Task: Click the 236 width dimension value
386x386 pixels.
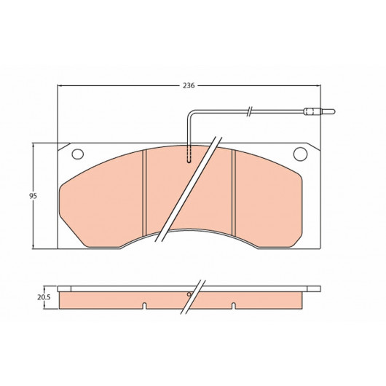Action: [189, 85]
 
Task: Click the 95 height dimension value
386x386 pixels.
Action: [33, 196]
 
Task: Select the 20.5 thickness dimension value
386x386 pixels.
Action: [44, 297]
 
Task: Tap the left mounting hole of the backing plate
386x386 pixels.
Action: [77, 154]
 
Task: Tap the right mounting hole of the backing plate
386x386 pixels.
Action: [300, 154]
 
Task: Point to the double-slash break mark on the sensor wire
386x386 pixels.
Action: [249, 111]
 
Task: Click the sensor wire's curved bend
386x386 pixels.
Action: [190, 113]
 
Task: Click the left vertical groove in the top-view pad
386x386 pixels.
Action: [144, 193]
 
